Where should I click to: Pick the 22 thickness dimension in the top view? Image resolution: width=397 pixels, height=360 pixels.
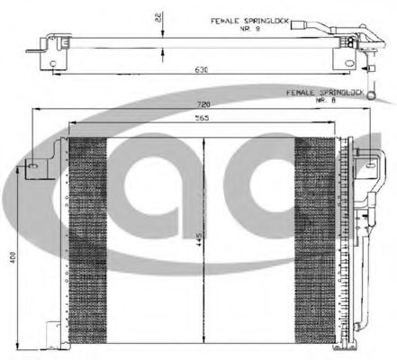159,18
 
